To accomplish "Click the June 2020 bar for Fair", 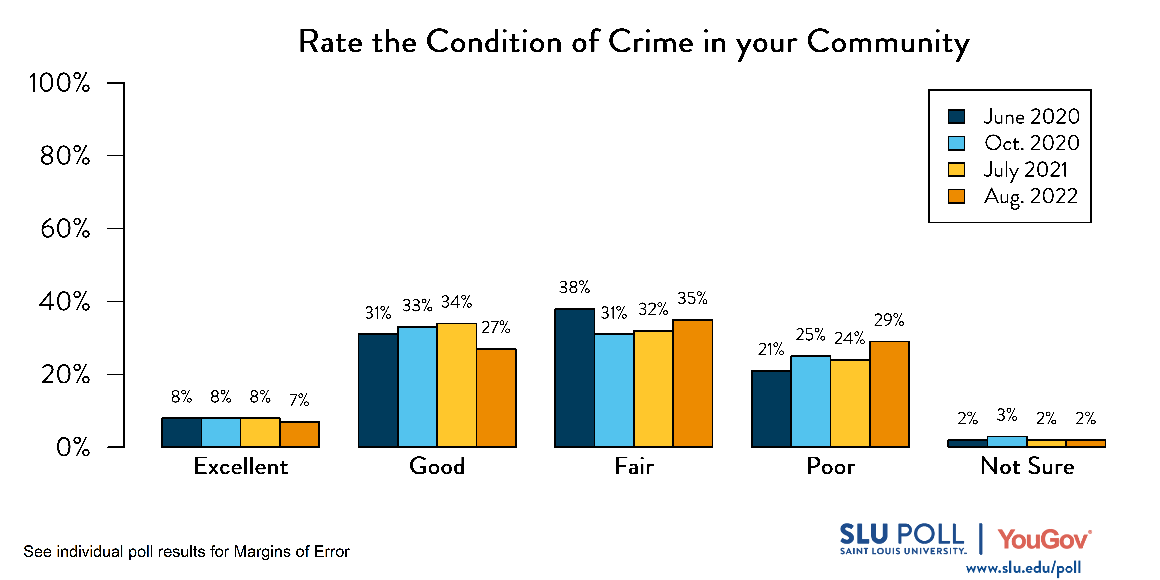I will (x=575, y=378).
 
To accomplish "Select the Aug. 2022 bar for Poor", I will (x=889, y=395).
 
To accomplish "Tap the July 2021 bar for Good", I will (x=457, y=385).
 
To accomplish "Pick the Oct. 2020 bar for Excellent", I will (x=221, y=433).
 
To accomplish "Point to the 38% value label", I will (x=574, y=287).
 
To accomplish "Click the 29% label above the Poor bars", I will (x=889, y=320).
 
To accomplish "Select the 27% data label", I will (x=496, y=327).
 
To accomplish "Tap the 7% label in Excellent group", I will (x=299, y=400).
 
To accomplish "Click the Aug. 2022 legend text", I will (x=1031, y=196).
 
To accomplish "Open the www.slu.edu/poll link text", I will (x=1023, y=568).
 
